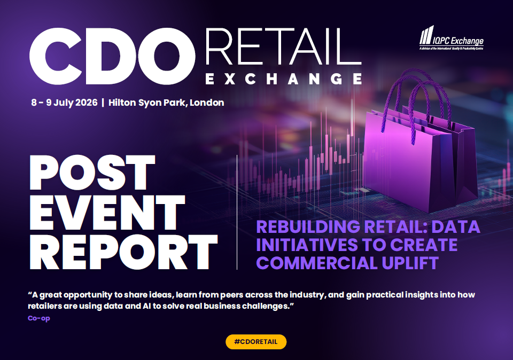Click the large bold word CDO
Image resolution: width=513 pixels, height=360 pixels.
[x=112, y=56]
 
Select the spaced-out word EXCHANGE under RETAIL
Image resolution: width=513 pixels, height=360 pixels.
[x=284, y=79]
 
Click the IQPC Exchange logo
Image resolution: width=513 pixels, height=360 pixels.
[x=452, y=38]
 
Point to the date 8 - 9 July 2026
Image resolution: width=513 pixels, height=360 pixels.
[x=65, y=103]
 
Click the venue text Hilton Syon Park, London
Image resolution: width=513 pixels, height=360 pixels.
[x=166, y=103]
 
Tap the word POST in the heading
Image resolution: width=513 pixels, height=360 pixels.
[x=92, y=173]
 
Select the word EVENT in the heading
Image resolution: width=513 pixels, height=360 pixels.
[x=107, y=213]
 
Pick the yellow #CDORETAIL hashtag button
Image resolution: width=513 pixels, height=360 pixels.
[x=256, y=342]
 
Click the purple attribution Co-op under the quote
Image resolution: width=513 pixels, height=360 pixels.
[x=39, y=318]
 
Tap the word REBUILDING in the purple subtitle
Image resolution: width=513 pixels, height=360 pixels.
[x=304, y=227]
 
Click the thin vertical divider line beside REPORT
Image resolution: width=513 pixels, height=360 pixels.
[x=237, y=212]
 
